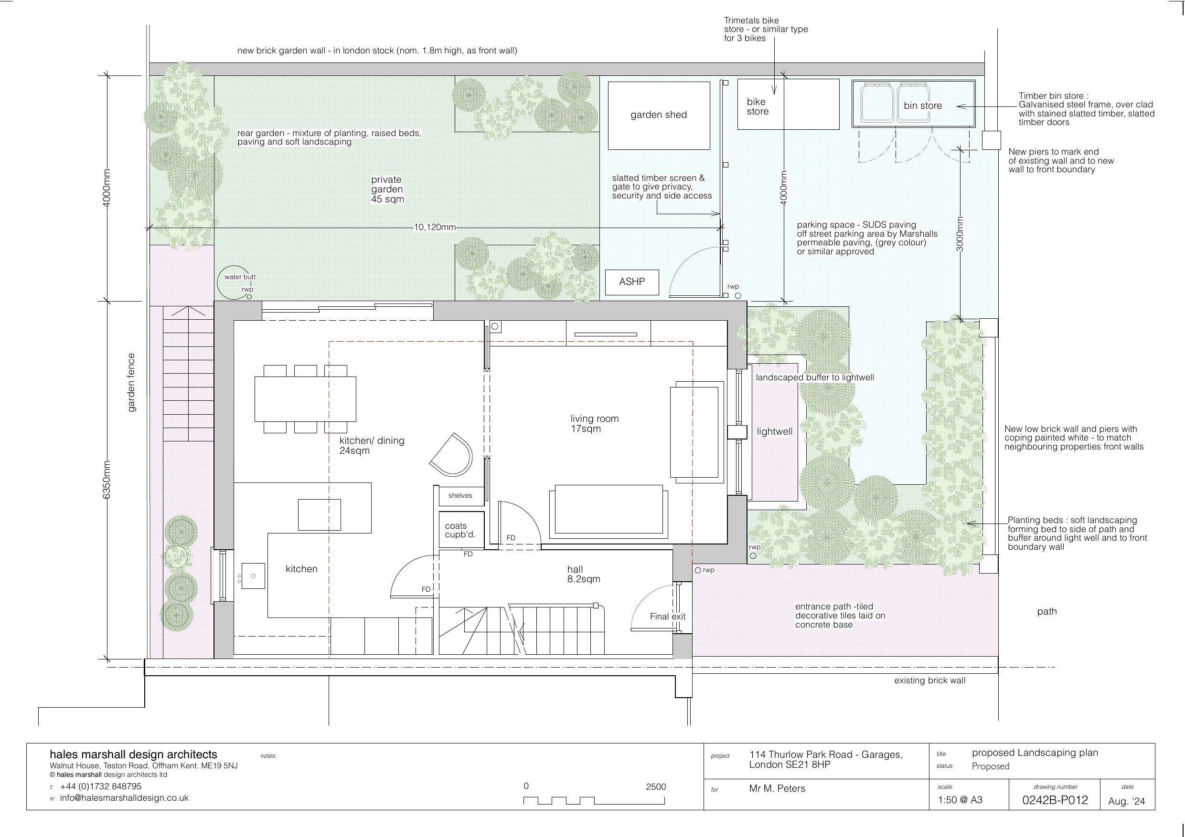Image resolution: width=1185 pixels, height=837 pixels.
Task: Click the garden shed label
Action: [659, 115]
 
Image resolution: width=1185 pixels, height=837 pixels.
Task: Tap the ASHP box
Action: [632, 282]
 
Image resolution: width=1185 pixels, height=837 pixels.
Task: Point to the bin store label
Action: [923, 106]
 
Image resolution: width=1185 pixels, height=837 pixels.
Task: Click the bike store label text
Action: [757, 106]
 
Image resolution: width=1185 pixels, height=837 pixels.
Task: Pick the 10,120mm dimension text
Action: [435, 228]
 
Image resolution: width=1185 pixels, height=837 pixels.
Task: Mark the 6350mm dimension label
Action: [107, 480]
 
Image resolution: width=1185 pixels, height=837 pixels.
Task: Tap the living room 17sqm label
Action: [594, 424]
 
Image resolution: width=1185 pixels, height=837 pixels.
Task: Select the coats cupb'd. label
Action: [460, 530]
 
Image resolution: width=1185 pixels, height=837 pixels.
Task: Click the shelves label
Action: [460, 496]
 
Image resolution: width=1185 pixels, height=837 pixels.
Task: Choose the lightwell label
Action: [775, 432]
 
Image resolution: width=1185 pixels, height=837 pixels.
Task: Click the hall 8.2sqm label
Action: [584, 575]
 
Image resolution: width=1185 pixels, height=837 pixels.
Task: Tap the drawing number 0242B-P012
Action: [1055, 800]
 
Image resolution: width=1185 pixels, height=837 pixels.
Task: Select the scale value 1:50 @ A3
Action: [960, 800]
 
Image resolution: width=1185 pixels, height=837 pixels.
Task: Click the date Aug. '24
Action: [1126, 801]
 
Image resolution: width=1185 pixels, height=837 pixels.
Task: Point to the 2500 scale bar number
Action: [656, 787]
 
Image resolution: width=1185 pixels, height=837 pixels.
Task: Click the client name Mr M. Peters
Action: [777, 788]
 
